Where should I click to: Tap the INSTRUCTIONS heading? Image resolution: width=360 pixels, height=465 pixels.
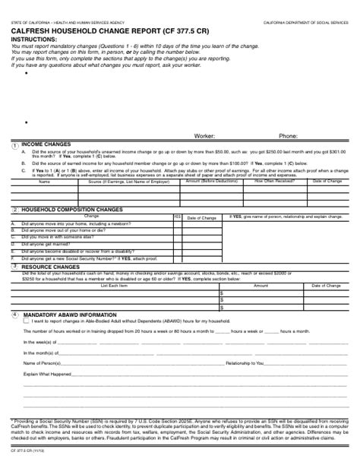(33, 40)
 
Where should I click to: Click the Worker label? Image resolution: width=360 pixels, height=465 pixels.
(204, 136)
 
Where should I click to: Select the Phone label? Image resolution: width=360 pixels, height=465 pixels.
(288, 136)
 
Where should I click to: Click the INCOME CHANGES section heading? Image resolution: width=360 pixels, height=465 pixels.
(46, 144)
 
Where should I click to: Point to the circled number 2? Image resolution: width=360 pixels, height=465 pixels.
(14, 210)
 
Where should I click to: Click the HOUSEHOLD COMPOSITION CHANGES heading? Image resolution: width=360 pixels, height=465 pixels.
(72, 210)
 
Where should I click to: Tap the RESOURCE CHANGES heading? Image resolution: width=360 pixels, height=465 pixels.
(50, 267)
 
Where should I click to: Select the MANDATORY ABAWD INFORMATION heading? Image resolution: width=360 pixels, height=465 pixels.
(70, 314)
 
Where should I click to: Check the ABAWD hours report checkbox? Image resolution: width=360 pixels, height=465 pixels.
(27, 321)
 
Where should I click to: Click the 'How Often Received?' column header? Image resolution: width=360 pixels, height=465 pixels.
(274, 182)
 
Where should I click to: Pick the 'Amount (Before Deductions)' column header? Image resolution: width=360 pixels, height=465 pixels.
(212, 182)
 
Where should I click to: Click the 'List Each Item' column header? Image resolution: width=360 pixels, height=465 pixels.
(114, 286)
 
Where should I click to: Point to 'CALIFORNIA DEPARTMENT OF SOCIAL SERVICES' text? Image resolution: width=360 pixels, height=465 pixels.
(306, 24)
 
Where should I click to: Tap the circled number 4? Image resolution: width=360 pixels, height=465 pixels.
(14, 314)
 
